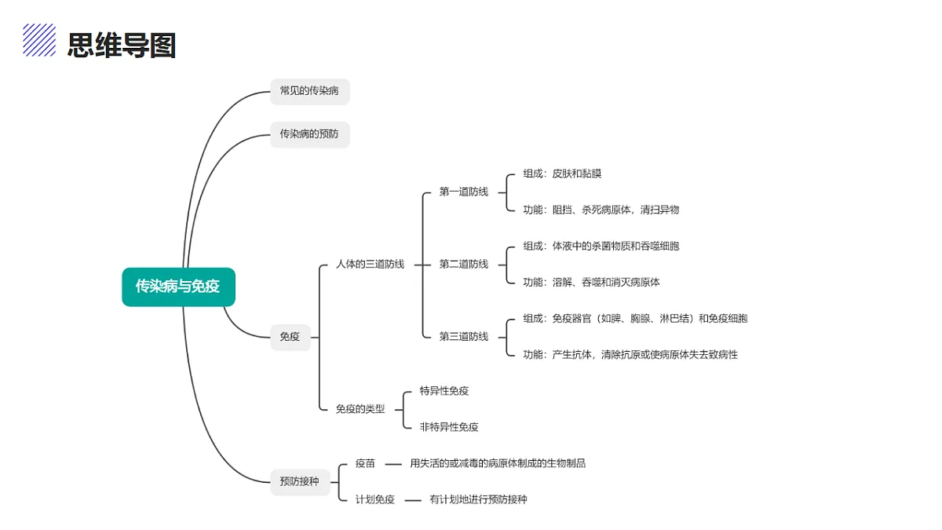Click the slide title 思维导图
pyautogui.click(x=122, y=45)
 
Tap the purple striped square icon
pyautogui.click(x=39, y=40)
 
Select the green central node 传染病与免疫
pyautogui.click(x=178, y=287)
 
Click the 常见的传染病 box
pyautogui.click(x=309, y=91)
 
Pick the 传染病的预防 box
pyautogui.click(x=309, y=134)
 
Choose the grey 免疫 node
pyautogui.click(x=290, y=337)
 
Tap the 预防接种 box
pyautogui.click(x=300, y=482)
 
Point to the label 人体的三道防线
pyautogui.click(x=370, y=264)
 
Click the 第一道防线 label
pyautogui.click(x=464, y=192)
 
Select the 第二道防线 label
pyautogui.click(x=464, y=264)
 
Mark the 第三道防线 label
pyautogui.click(x=464, y=337)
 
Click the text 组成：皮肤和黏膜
pyautogui.click(x=562, y=174)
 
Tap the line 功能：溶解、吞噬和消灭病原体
pyautogui.click(x=591, y=282)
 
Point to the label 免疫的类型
pyautogui.click(x=360, y=409)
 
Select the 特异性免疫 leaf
pyautogui.click(x=444, y=391)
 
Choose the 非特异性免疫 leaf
pyautogui.click(x=449, y=427)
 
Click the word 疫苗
pyautogui.click(x=365, y=463)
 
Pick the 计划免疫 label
pyautogui.click(x=375, y=499)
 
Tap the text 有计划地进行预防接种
pyautogui.click(x=478, y=499)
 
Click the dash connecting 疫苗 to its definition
pyautogui.click(x=393, y=464)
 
